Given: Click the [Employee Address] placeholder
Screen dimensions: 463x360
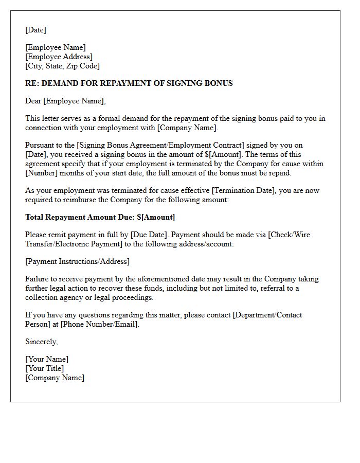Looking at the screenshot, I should [59, 57].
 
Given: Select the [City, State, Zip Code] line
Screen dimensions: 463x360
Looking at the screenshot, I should [63, 66].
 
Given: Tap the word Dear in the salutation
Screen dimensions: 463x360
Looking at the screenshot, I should [33, 101].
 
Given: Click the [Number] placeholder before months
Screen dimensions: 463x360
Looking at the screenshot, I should [42, 173].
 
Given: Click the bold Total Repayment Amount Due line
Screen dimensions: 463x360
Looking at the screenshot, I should [100, 217].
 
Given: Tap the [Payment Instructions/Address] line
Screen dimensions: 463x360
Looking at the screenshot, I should [78, 261].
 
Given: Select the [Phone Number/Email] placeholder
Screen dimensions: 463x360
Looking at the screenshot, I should [99, 324].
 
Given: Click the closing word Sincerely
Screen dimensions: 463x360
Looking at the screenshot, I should [42, 342].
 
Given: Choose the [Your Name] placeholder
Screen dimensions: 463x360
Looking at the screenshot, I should [47, 359].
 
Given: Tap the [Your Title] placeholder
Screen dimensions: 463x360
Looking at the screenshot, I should [45, 368].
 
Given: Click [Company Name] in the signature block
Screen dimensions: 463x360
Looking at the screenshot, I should [55, 378].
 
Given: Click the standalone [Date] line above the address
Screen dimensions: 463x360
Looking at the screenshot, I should [36, 30].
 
